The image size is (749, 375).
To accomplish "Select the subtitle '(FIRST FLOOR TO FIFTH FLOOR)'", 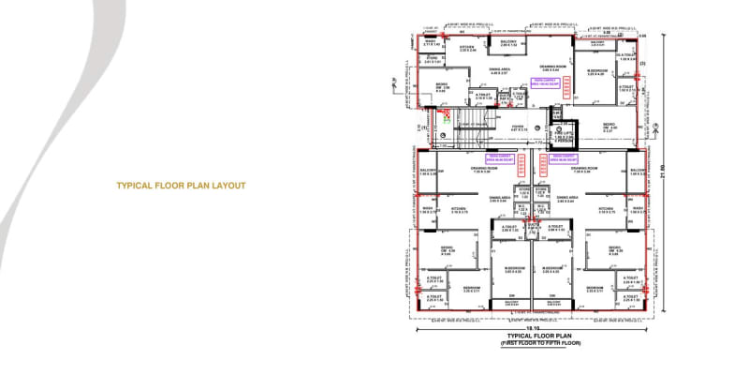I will point(533,343).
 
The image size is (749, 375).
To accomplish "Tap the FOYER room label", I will point(518,126).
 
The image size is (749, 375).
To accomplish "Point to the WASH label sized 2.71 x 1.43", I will point(431,43).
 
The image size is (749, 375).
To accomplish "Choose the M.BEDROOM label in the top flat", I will point(598,72).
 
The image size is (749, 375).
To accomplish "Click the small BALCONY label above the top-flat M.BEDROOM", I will point(597,43).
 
